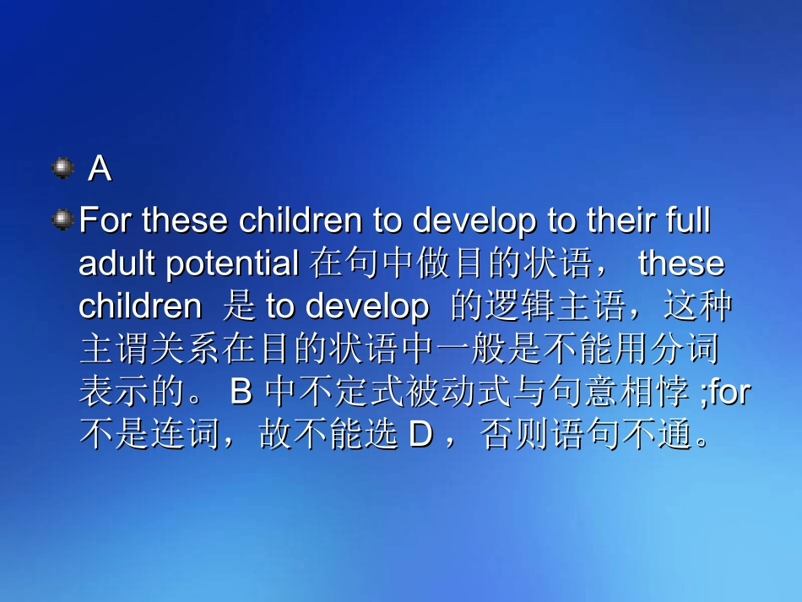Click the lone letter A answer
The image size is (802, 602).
100,170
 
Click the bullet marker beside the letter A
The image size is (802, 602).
62,168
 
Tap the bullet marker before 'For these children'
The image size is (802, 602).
62,220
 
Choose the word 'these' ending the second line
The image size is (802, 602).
681,263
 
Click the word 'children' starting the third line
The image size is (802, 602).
139,306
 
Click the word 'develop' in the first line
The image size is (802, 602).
474,221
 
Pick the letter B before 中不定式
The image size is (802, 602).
241,393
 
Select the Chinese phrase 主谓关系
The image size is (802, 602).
149,350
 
